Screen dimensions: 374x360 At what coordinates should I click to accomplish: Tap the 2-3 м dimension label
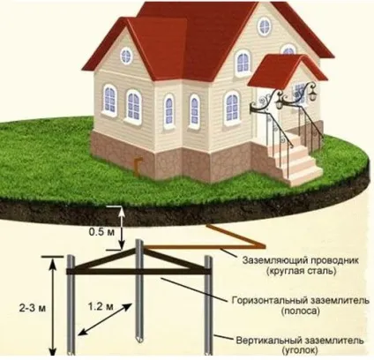click(33, 309)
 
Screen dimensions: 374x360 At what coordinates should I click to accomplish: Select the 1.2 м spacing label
click(101, 306)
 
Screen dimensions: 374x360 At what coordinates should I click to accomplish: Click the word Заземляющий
click(275, 261)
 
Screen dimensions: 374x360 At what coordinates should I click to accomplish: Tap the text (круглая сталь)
click(301, 271)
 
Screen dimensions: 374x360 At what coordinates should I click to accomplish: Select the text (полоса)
click(300, 311)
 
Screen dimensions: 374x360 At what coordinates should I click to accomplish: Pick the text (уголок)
click(300, 350)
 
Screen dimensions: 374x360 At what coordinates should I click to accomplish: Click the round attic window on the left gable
click(126, 56)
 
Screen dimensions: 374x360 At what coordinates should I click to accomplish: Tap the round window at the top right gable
click(265, 26)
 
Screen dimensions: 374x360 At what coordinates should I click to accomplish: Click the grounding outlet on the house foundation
click(138, 167)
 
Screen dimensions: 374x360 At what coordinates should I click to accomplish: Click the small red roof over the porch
click(287, 71)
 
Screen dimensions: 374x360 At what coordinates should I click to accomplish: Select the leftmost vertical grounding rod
click(71, 305)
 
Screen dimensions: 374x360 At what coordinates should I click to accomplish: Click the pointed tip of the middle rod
click(139, 341)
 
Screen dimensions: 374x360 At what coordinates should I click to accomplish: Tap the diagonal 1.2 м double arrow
click(106, 319)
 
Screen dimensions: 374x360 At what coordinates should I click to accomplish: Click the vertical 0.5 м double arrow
click(122, 229)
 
